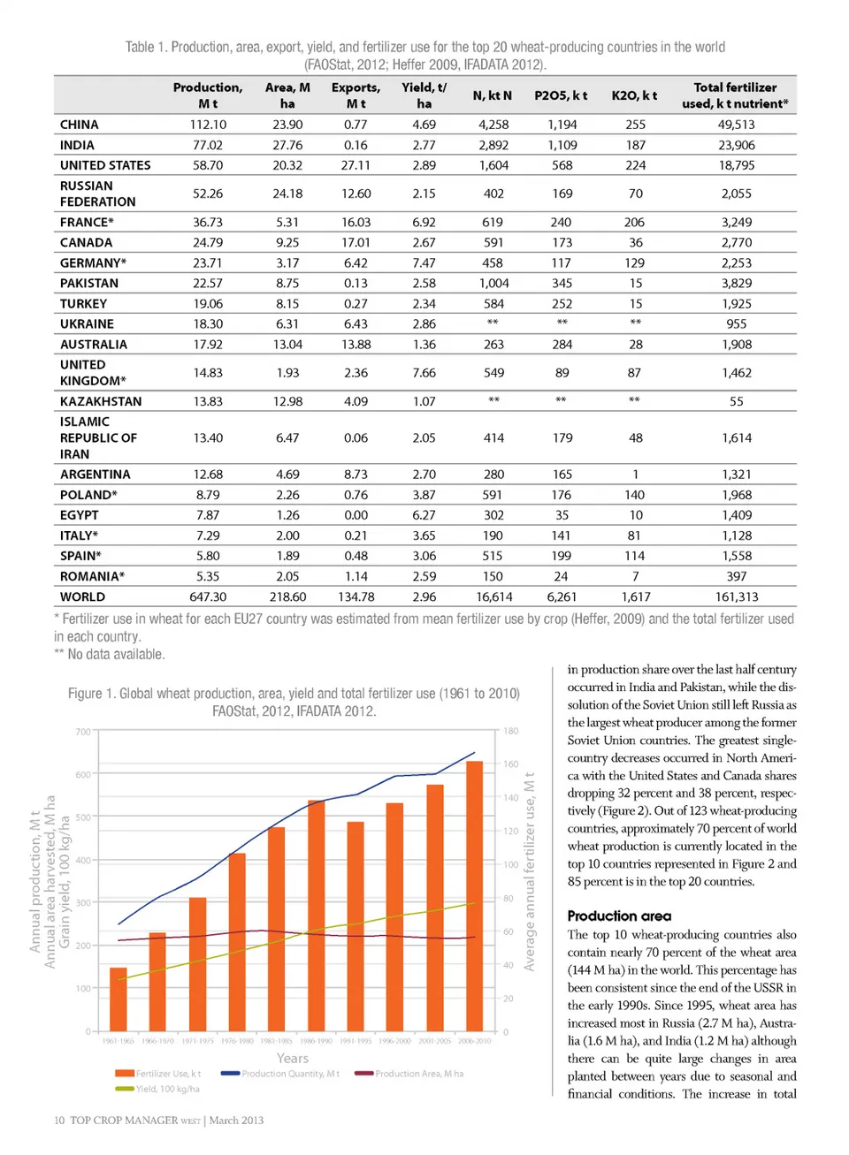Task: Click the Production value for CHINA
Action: click(208, 125)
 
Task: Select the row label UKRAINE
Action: click(87, 324)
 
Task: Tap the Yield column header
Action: click(424, 95)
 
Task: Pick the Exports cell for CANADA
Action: click(356, 242)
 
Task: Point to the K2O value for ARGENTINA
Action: click(635, 475)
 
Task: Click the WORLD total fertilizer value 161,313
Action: click(736, 597)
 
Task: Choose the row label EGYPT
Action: click(80, 515)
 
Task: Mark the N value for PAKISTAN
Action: click(493, 284)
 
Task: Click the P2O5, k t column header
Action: click(561, 95)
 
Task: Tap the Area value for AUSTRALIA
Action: click(287, 345)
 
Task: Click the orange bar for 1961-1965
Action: click(119, 999)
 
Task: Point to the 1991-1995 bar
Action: click(356, 925)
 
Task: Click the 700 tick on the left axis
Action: click(83, 732)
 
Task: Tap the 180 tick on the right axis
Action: click(511, 732)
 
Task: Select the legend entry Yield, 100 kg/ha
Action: click(166, 1089)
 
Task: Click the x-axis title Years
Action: click(293, 1058)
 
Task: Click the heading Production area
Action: click(619, 916)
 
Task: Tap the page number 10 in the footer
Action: click(59, 1121)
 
